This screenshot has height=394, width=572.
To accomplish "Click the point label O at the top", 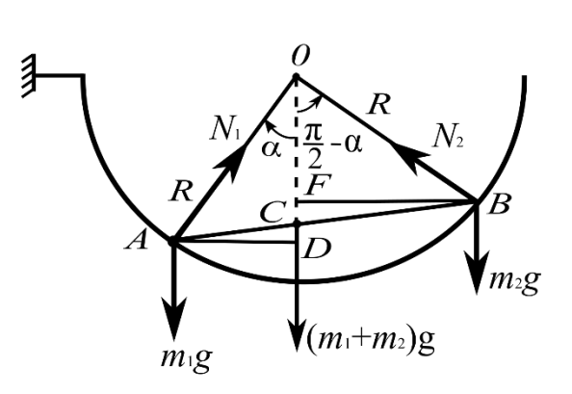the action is pos(300,57).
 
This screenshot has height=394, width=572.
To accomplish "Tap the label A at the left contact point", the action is pos(137,241).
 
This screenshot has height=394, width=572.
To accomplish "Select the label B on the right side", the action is pos(498,204).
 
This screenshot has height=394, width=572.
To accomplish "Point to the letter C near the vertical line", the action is pos(272,213).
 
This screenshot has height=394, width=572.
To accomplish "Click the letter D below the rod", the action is pos(317,249).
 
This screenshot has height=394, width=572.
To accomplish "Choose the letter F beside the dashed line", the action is pos(319,185).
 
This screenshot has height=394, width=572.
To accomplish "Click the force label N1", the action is pos(225,128).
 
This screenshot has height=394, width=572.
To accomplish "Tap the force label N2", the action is pos(448,137).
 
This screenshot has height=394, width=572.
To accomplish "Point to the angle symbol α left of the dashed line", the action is pos(272,149).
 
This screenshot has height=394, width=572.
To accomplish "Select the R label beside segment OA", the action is pos(181,191).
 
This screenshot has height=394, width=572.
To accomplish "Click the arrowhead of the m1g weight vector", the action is pos(174,318).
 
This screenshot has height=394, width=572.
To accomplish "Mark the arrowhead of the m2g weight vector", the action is pos(478,273).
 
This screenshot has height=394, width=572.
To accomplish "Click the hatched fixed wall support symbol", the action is pos(29,76).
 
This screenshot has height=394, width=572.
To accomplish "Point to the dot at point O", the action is pos(296,77).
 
